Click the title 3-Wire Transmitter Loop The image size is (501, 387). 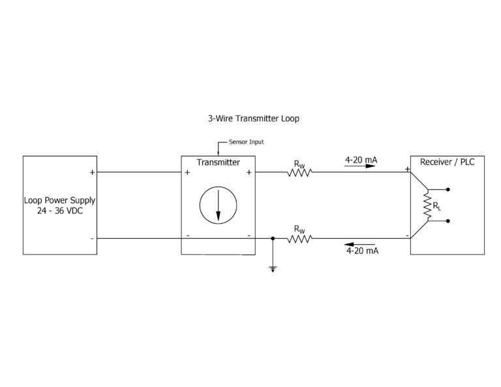(253, 119)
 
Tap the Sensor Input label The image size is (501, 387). (246, 142)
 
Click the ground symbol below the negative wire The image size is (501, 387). (273, 268)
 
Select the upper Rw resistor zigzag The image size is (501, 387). (299, 172)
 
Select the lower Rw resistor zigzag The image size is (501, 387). (299, 238)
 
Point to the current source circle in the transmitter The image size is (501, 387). (218, 205)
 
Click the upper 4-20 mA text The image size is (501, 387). (361, 159)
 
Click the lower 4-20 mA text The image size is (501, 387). (362, 250)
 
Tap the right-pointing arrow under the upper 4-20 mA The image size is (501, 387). (361, 166)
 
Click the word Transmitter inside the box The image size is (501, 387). (218, 163)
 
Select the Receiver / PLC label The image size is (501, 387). (447, 162)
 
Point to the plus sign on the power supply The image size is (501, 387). (92, 173)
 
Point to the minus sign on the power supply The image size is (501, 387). (92, 238)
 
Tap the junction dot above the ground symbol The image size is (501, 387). (273, 238)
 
